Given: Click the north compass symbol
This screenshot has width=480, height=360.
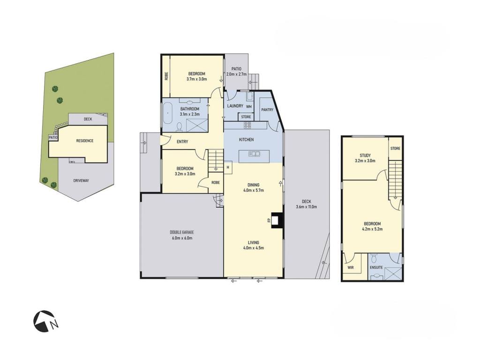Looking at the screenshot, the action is click(45, 322).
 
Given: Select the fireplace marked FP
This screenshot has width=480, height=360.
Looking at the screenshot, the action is click(277, 220).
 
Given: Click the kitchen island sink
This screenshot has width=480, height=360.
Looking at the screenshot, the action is click(255, 154).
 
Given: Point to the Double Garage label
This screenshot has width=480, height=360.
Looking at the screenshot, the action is click(182, 232).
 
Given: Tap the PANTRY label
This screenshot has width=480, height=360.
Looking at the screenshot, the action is click(267, 110).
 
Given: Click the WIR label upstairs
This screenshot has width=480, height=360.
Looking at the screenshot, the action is click(351, 268).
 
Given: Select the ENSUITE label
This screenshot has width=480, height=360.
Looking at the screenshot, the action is click(376, 268).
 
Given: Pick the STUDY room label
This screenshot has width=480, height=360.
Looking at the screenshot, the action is click(365, 155).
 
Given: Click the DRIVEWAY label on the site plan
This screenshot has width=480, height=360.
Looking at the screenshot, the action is click(81, 180).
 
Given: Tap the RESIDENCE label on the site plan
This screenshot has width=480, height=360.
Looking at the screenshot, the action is click(85, 141).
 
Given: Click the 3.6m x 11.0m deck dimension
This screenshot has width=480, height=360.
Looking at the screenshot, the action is click(307, 207).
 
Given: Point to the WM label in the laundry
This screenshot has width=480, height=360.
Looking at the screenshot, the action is click(249, 107).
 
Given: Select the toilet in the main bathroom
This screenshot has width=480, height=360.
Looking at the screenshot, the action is click(180, 126).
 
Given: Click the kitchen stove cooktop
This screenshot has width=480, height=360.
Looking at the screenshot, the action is click(247, 125).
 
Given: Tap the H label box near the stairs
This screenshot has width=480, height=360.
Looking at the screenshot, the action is click(228, 167).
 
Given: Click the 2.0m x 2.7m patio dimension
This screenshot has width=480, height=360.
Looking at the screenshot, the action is click(236, 74).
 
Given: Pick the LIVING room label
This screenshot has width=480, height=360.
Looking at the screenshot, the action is click(254, 243).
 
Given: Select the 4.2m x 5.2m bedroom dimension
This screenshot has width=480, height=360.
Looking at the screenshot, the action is click(372, 229).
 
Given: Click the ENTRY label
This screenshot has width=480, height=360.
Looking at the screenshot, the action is click(182, 142).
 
